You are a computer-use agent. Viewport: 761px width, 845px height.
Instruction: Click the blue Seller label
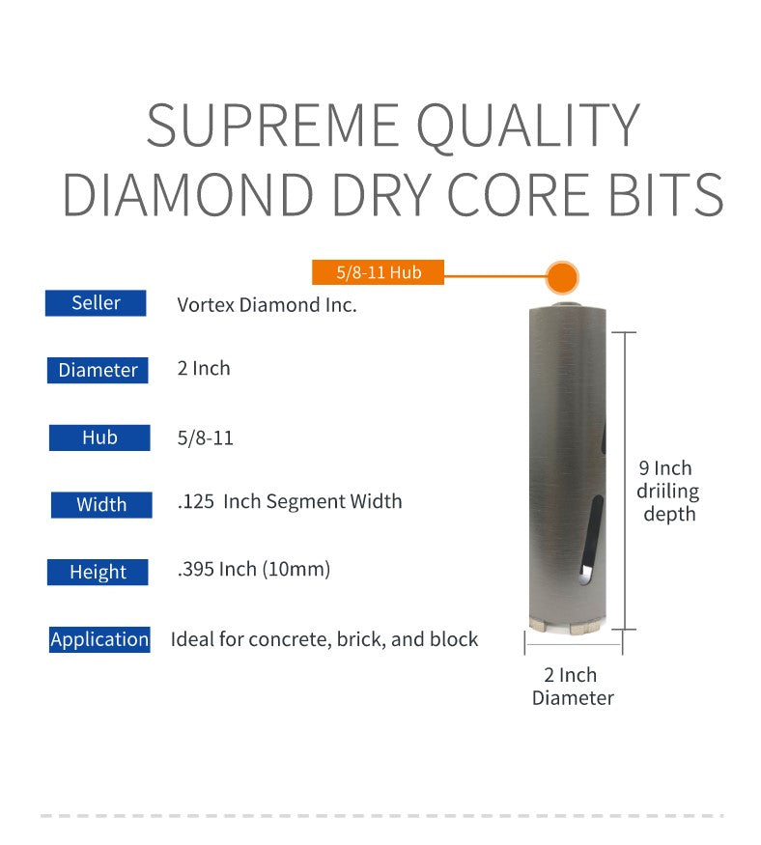pos(96,303)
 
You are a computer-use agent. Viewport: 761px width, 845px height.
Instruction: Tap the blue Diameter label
pos(98,370)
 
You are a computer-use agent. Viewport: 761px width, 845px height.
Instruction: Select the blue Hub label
pos(99,437)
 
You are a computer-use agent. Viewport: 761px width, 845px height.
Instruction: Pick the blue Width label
pos(101,505)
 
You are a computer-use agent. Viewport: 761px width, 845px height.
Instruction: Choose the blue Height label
pos(98,572)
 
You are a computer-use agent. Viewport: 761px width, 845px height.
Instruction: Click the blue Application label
pos(99,639)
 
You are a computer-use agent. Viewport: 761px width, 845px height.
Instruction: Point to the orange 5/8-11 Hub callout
pos(378,272)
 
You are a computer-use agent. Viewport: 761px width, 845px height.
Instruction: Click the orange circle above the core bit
pos(562,277)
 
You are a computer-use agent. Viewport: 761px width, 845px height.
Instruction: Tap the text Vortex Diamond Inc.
pos(267,305)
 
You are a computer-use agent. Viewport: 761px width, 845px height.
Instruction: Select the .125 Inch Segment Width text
pos(290,502)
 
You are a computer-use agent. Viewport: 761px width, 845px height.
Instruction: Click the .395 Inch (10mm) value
pos(254,569)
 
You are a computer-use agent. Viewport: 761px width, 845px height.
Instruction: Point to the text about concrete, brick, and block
pos(324,639)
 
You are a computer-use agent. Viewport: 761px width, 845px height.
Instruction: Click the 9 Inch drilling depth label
pos(667,491)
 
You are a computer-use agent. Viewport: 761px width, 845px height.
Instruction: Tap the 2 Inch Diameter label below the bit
pos(573,687)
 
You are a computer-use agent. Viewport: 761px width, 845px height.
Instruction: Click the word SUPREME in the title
pos(272,126)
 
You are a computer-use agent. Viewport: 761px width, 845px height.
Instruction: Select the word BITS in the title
pos(666,194)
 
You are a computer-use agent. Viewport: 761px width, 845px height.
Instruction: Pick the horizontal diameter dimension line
pos(574,644)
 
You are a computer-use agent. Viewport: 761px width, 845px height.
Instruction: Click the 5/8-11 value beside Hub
pos(206,438)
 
